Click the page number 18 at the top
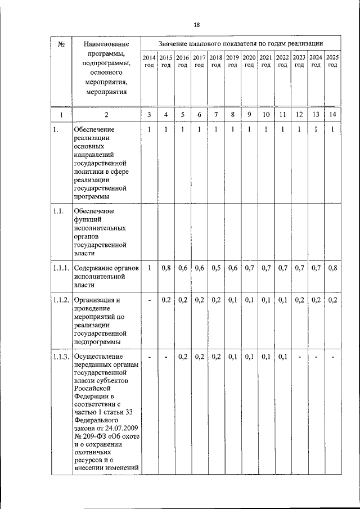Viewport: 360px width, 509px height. pos(196,24)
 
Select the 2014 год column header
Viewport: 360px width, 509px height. pos(149,61)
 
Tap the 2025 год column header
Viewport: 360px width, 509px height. pos(332,61)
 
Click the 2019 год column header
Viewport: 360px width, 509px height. pos(232,61)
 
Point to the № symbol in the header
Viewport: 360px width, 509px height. pos(61,43)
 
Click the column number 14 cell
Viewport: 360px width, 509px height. pos(332,115)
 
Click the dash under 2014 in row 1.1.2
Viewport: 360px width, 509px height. pos(149,300)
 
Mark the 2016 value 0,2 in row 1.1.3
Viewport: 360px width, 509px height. pos(182,357)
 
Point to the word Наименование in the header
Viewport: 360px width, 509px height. pos(106,43)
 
